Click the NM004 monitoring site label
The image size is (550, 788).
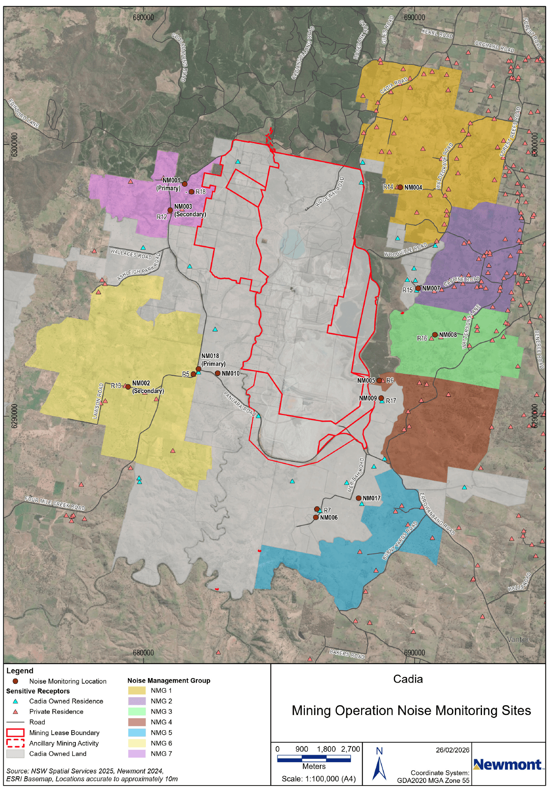(x=413, y=187)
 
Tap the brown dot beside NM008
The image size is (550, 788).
(x=435, y=335)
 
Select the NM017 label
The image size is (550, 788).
(x=371, y=498)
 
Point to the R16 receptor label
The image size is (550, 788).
(x=422, y=338)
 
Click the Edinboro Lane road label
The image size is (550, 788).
(x=23, y=113)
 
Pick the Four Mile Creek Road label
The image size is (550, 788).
(x=55, y=503)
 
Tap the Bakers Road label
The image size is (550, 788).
(x=347, y=653)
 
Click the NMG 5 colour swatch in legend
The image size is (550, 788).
(x=137, y=733)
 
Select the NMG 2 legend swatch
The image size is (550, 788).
(x=137, y=701)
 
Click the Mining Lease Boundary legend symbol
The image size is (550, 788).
(x=15, y=733)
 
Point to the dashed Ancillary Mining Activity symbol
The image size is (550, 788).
(x=15, y=743)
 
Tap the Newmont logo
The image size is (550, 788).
(x=507, y=765)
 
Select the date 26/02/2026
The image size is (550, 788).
(x=452, y=750)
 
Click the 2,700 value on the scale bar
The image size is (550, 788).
(x=350, y=749)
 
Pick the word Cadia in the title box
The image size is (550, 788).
(x=408, y=679)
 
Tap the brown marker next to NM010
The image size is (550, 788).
(x=218, y=373)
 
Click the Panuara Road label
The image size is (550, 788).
(x=239, y=404)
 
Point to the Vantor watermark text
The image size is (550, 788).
(x=518, y=639)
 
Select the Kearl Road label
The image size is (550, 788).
(x=437, y=33)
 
